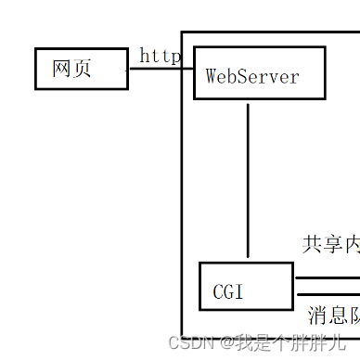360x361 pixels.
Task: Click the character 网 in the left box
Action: pos(62,70)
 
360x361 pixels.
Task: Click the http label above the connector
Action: pos(160,57)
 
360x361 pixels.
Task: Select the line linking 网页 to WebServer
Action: pos(158,69)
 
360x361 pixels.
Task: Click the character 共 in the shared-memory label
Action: pos(313,244)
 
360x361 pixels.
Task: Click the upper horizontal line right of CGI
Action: pos(327,277)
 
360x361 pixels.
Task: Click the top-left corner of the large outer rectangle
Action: pos(182,32)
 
